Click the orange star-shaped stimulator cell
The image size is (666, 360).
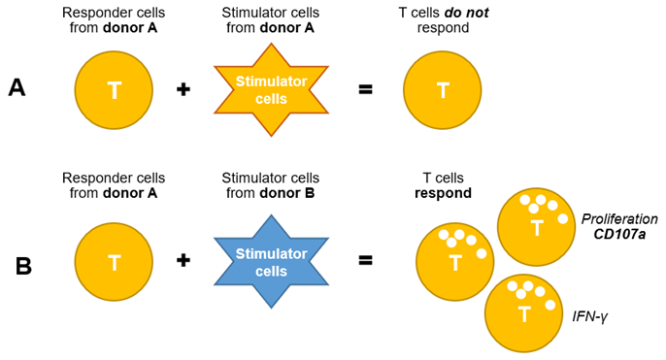click(x=271, y=89)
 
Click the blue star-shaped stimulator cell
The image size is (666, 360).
click(x=271, y=262)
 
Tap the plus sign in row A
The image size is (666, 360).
click(x=183, y=89)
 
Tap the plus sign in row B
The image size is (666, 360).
click(x=183, y=260)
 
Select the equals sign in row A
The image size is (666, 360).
click(x=365, y=89)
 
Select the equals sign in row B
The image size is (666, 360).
click(x=365, y=260)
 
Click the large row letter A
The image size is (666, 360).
click(x=17, y=88)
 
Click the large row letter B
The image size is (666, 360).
click(x=23, y=266)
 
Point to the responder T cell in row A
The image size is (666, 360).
click(x=114, y=90)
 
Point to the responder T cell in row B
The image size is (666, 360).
click(x=114, y=262)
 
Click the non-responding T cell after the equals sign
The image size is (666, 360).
click(x=442, y=90)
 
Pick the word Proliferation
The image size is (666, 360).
click(x=619, y=219)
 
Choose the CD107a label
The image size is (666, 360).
click(x=619, y=234)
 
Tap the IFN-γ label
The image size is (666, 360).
click(x=590, y=316)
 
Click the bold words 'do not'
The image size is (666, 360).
click(x=466, y=13)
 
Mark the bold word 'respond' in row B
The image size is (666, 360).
click(x=443, y=193)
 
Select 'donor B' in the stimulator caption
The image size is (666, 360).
click(x=287, y=193)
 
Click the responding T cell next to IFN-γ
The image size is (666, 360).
click(x=524, y=312)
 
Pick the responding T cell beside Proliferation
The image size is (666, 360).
click(x=537, y=227)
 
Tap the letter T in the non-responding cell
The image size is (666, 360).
click(x=443, y=90)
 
